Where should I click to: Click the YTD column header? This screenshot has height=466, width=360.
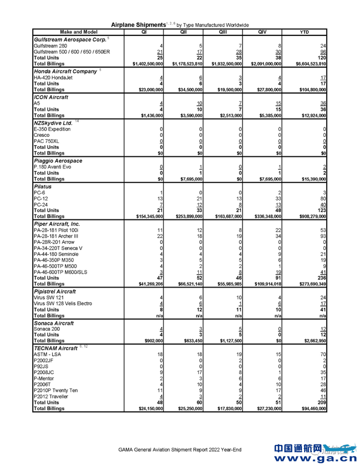click(x=304, y=32)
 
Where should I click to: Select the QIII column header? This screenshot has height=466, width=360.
click(x=223, y=32)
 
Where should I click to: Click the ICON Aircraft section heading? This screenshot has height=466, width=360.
click(x=52, y=96)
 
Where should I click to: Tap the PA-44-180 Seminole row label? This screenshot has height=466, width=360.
click(x=56, y=254)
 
